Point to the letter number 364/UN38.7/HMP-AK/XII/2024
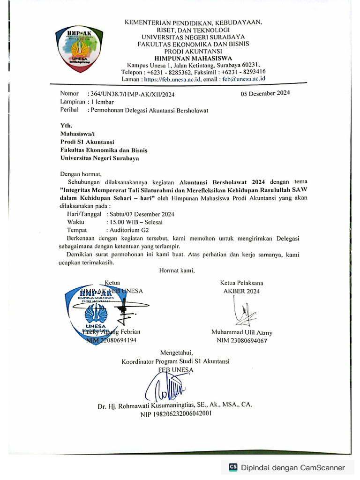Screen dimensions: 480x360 (131, 94)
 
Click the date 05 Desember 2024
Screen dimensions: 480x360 (265, 93)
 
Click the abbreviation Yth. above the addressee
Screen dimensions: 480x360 (67, 126)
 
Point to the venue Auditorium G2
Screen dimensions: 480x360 (127, 230)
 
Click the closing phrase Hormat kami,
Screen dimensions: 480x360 (177, 270)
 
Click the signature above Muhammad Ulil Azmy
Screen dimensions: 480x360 (243, 312)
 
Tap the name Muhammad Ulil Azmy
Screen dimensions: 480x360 (241, 332)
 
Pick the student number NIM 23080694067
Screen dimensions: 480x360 (241, 341)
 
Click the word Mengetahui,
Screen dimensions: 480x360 (176, 352)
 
